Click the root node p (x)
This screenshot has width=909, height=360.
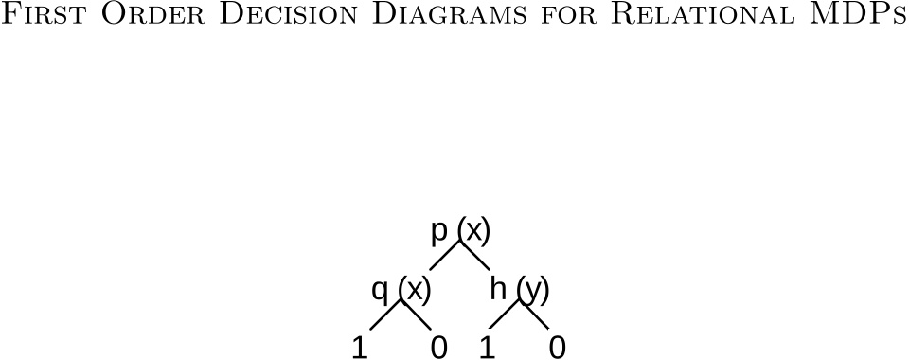tap(461, 230)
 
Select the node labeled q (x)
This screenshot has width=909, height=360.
tap(401, 289)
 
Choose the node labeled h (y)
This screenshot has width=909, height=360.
tap(520, 289)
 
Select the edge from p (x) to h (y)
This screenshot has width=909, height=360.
tap(476, 256)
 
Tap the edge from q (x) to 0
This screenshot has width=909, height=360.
tap(418, 315)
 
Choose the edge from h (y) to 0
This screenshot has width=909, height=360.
tap(536, 315)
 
